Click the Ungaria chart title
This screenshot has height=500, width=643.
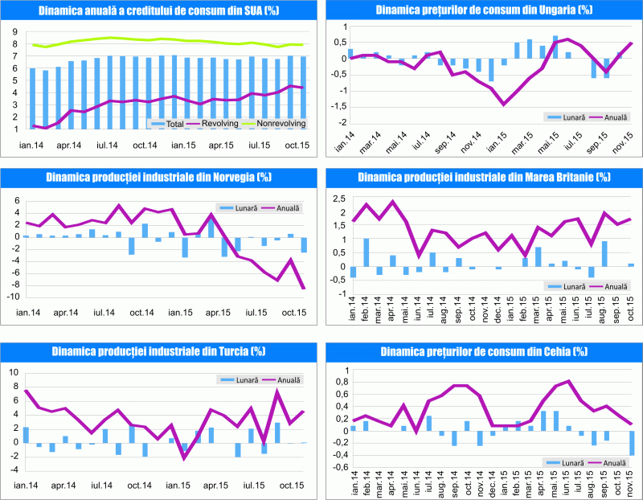(482, 10)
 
